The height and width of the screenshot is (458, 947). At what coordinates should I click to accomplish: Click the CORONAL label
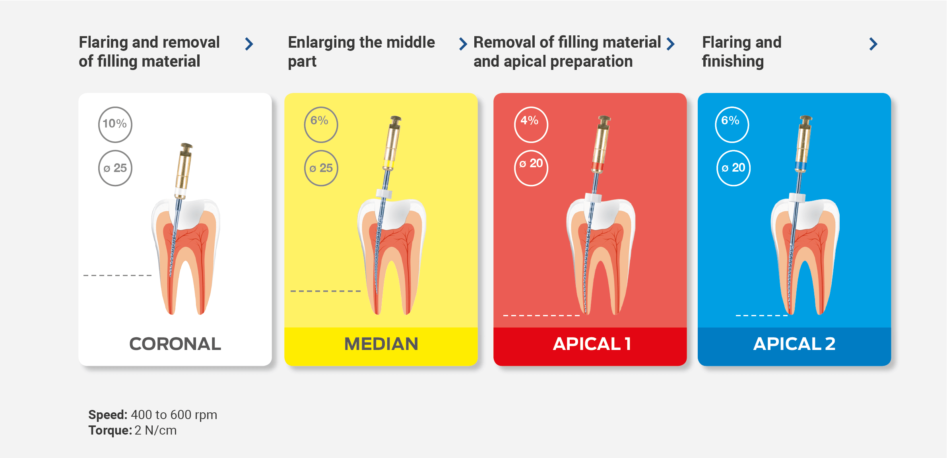[175, 344]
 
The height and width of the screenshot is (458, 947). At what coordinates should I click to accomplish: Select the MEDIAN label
[381, 344]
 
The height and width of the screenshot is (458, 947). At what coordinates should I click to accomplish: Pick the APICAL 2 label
[794, 344]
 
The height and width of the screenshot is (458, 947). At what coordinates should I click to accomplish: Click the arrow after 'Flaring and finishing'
[873, 44]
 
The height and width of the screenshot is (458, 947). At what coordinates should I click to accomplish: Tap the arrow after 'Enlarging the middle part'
[463, 44]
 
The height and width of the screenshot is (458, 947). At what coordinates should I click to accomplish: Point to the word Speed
[108, 415]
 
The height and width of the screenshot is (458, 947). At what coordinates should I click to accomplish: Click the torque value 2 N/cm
[155, 430]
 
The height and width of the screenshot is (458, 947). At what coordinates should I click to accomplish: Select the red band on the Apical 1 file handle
[598, 166]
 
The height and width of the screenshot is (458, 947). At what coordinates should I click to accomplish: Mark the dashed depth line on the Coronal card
[118, 275]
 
